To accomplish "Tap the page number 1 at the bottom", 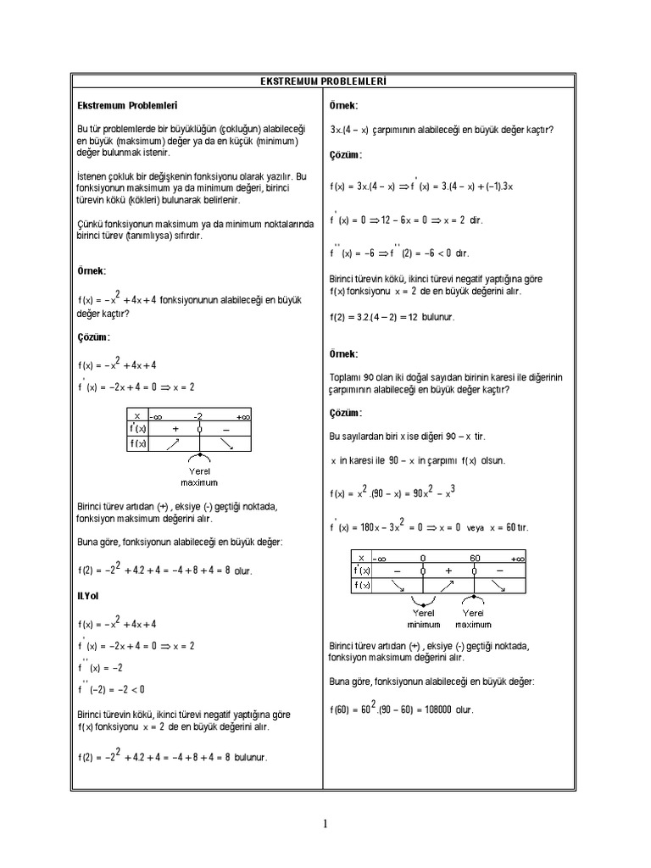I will [325, 823].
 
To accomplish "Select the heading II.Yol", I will [88, 597].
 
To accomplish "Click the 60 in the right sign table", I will [475, 558].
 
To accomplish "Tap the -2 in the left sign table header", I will [198, 416].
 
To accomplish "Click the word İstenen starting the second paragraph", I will [93, 175].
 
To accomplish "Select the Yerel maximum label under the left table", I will [199, 476].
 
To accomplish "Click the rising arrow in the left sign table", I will [173, 443].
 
